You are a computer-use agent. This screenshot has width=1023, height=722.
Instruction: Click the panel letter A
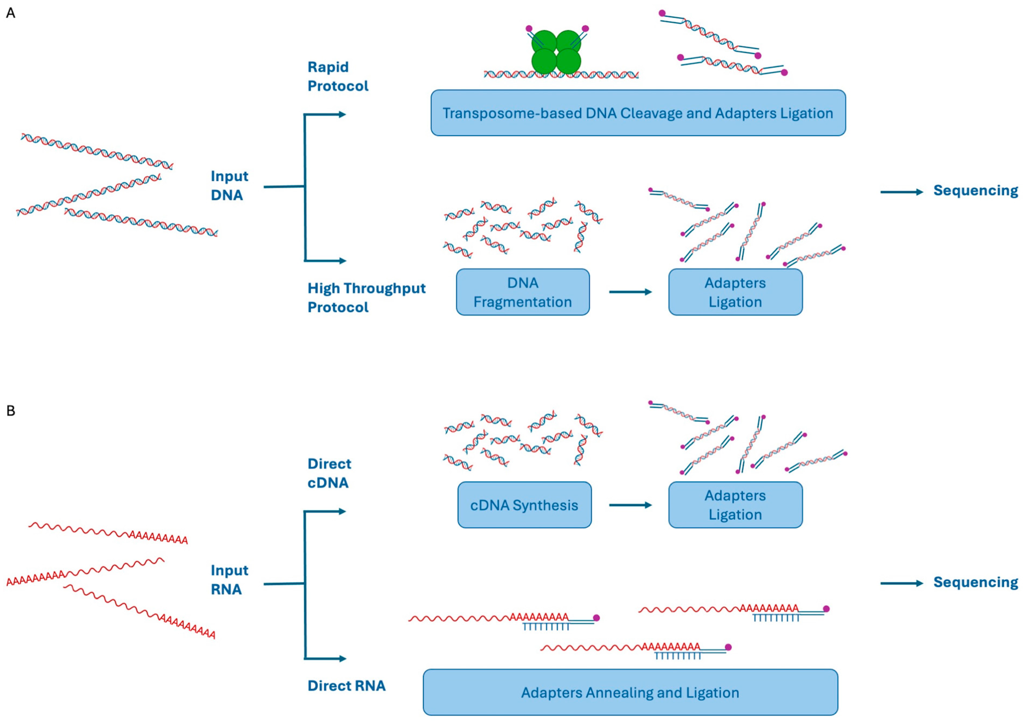11,13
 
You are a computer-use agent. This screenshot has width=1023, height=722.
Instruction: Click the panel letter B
11,410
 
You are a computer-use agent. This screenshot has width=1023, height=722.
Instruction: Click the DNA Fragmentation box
523,292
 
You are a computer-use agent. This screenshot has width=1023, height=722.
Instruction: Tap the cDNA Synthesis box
524,505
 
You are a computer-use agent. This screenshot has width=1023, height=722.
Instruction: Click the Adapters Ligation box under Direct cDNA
735,505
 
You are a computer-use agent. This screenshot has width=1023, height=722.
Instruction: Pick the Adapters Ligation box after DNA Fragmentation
735,292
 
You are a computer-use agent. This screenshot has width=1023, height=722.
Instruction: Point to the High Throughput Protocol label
366,298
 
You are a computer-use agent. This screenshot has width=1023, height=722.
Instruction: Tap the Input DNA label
229,185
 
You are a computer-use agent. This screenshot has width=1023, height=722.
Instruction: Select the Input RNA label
229,580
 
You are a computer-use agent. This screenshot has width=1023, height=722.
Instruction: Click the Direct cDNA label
329,473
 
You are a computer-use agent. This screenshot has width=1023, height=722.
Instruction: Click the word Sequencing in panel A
975,191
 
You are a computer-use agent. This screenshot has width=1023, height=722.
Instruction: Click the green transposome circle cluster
556,52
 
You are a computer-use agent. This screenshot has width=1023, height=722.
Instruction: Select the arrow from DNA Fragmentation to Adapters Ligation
630,292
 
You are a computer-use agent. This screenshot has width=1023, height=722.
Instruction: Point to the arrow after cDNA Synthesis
630,505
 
